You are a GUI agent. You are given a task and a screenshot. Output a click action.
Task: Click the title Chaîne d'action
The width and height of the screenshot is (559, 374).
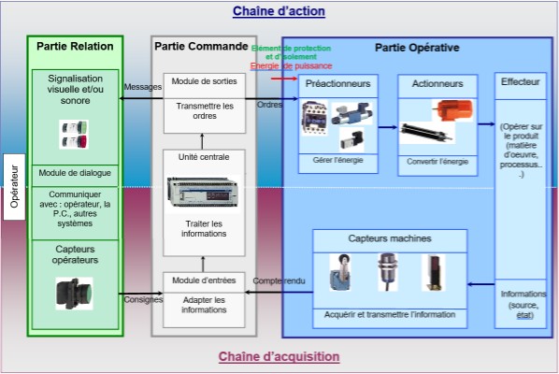(x=279, y=11)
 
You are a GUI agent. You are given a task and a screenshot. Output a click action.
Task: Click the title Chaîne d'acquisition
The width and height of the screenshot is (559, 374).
(x=279, y=356)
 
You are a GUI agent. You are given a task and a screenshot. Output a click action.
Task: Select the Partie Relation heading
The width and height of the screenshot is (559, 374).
(x=75, y=46)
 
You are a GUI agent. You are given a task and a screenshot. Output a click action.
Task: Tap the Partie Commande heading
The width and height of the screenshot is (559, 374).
(x=200, y=46)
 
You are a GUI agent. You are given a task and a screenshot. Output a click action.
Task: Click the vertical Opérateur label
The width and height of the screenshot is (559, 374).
(x=14, y=187)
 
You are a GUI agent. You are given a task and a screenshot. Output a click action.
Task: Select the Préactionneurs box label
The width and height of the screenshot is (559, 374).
(x=337, y=83)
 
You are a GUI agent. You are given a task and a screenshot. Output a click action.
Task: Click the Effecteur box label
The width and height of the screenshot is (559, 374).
(x=520, y=83)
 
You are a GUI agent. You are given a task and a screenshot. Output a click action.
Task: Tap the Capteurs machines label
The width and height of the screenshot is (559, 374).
(x=388, y=238)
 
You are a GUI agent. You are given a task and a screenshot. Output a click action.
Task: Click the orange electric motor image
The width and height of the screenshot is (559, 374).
(x=451, y=112)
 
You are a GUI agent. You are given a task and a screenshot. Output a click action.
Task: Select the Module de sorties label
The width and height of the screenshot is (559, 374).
(x=204, y=81)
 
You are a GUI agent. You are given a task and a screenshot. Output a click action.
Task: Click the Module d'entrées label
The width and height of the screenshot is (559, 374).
(x=204, y=280)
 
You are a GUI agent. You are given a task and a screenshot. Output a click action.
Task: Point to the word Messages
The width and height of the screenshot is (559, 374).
(x=142, y=87)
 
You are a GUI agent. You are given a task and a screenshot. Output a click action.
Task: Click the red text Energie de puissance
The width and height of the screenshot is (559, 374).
(x=282, y=65)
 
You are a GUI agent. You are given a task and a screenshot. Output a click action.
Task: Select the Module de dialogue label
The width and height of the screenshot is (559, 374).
(x=75, y=174)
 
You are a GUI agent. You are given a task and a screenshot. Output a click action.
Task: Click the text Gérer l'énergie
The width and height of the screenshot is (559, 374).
(x=337, y=160)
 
